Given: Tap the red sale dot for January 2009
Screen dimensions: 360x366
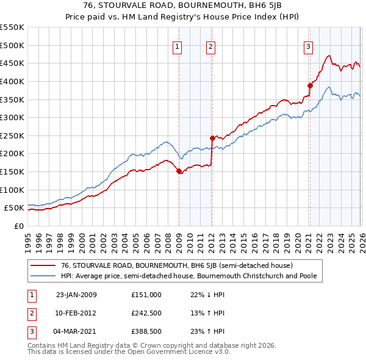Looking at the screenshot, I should pos(179,171).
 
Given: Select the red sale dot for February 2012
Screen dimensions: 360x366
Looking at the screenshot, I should pos(212,138).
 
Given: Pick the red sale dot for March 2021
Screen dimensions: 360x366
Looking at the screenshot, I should pos(310,85).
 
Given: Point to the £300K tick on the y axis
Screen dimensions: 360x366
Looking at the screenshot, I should pos(12,117).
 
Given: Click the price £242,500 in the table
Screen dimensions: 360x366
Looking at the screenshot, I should pos(147,313).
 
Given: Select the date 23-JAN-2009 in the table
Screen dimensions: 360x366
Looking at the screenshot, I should pos(76,295).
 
